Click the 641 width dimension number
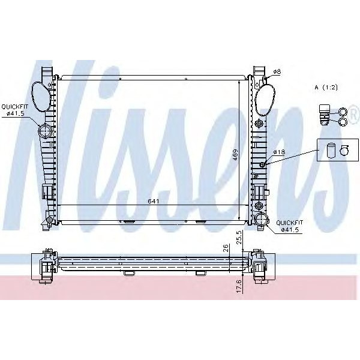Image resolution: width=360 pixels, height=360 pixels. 154,202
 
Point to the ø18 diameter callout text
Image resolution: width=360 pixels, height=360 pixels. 278,152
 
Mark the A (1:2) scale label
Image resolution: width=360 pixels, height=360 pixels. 326,88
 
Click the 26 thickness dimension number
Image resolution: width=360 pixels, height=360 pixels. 225,248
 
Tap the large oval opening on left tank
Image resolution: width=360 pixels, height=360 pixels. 40,97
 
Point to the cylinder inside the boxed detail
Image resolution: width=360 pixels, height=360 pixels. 329,150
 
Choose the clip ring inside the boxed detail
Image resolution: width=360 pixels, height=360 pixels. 344,150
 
